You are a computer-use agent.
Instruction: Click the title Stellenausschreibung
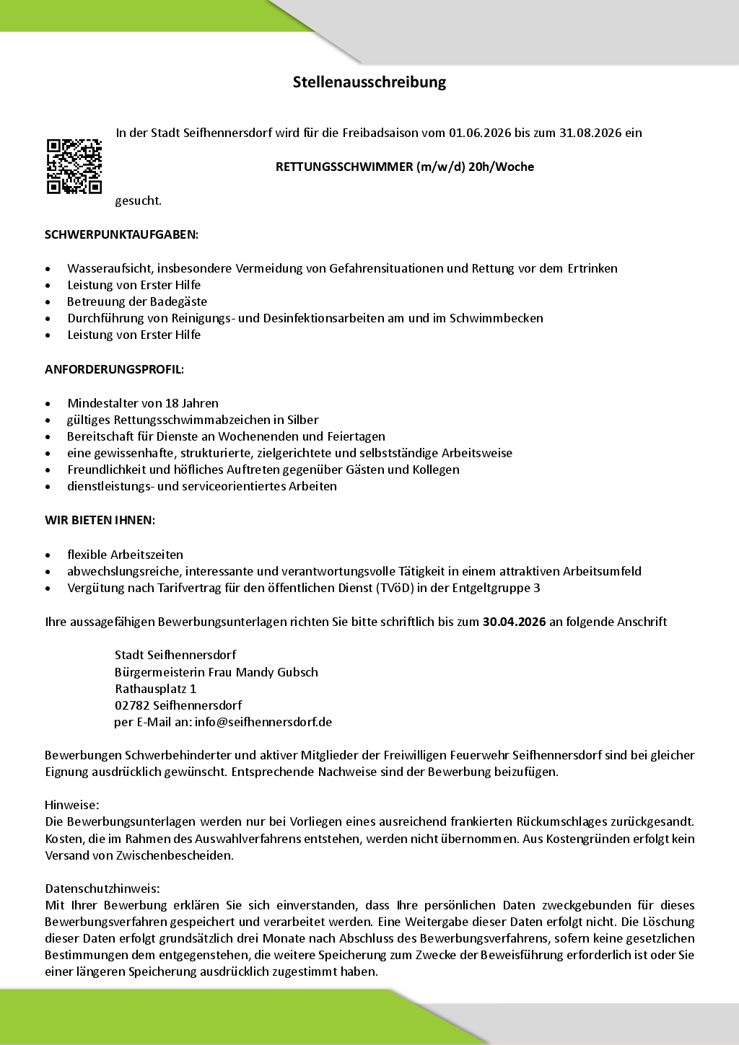pos(369,82)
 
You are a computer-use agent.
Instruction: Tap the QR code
pos(74,167)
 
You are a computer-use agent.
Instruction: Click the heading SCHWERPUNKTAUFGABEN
pos(121,234)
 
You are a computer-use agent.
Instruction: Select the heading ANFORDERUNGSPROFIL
pos(114,369)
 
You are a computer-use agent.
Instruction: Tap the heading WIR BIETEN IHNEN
pos(100,520)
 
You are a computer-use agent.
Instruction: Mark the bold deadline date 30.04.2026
pos(514,622)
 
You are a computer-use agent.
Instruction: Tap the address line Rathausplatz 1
pos(155,689)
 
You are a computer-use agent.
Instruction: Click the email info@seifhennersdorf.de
pos(263,722)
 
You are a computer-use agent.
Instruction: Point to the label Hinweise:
pos(71,805)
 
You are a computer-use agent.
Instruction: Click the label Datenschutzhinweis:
pos(102,889)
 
